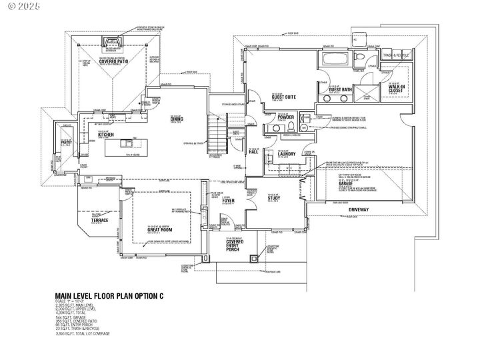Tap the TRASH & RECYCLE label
pos(403,55)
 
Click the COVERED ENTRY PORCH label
pos(233,246)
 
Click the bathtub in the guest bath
pos(331,59)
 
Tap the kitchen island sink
pos(125,143)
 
